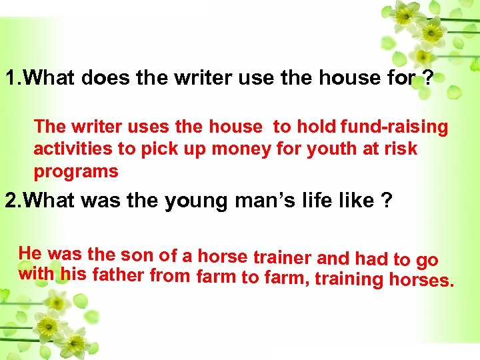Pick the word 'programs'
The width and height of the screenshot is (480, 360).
coord(76,171)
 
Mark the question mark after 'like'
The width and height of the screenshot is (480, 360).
coord(385,200)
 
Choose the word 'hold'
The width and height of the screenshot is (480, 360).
coord(317,126)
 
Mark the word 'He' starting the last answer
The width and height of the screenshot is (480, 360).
coord(31,253)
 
